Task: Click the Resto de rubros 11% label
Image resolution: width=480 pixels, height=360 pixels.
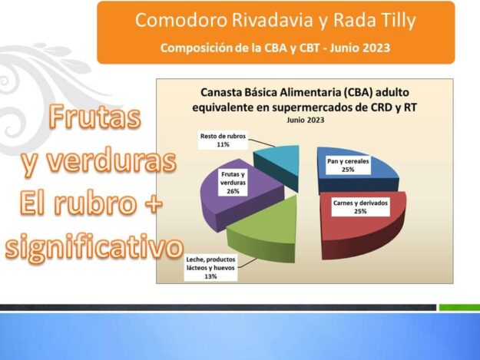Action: click(223, 140)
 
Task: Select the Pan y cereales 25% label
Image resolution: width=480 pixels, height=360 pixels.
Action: click(348, 166)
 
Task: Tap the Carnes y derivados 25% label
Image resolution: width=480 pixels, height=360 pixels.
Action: click(360, 207)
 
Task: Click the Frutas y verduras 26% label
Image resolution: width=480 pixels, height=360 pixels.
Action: click(233, 183)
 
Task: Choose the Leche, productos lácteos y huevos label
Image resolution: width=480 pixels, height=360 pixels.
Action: click(210, 268)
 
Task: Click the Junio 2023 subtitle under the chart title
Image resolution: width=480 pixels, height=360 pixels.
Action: click(305, 120)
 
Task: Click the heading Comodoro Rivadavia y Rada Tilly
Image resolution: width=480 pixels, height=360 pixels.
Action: click(276, 20)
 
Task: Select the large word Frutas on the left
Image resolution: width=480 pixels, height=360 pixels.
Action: click(94, 117)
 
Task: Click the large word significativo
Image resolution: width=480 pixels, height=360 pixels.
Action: click(94, 247)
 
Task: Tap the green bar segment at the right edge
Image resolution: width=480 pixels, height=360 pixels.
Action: click(459, 307)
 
